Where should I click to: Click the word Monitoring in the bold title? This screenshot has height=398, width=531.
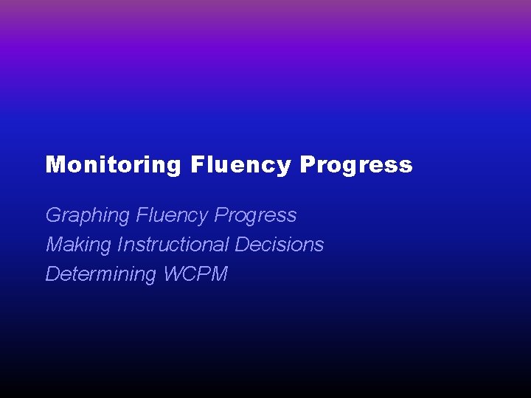pyautogui.click(x=113, y=164)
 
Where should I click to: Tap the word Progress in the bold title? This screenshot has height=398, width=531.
pyautogui.click(x=356, y=164)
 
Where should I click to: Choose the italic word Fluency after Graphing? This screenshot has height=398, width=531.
pyautogui.click(x=171, y=215)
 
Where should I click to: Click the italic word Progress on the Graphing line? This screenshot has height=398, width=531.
pyautogui.click(x=255, y=215)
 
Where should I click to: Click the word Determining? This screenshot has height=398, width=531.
pyautogui.click(x=101, y=274)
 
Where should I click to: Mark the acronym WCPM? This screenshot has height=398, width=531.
pyautogui.click(x=195, y=274)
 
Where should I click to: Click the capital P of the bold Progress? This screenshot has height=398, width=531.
pyautogui.click(x=308, y=164)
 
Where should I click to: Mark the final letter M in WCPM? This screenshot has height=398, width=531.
pyautogui.click(x=219, y=274)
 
